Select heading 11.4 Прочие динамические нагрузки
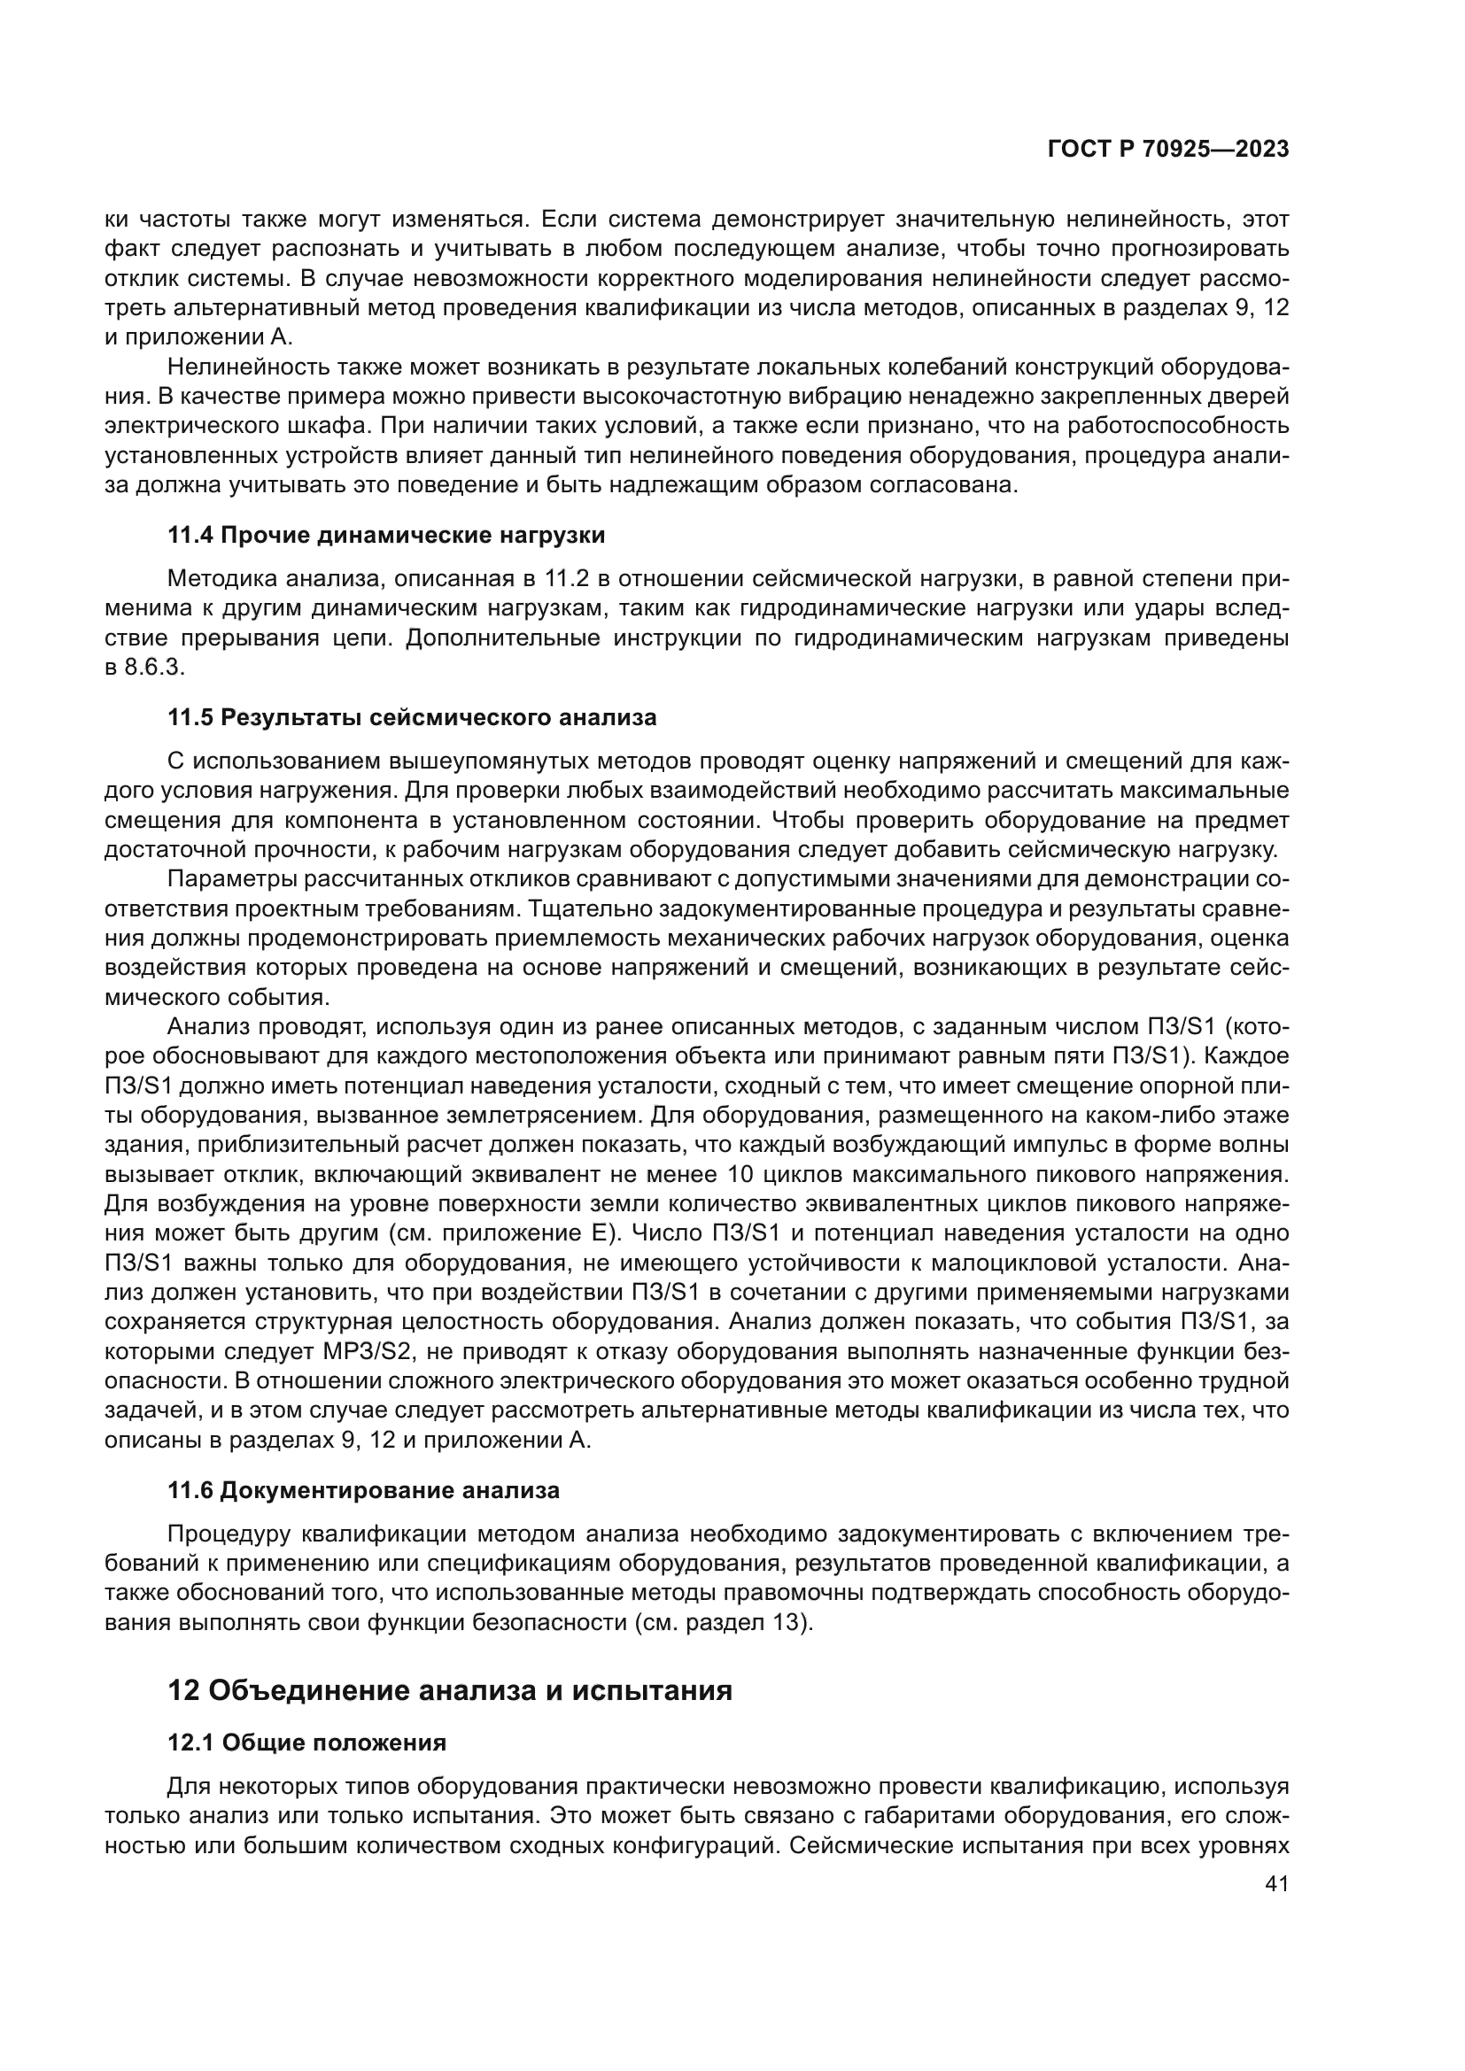[386, 535]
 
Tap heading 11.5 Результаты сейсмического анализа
[412, 718]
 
